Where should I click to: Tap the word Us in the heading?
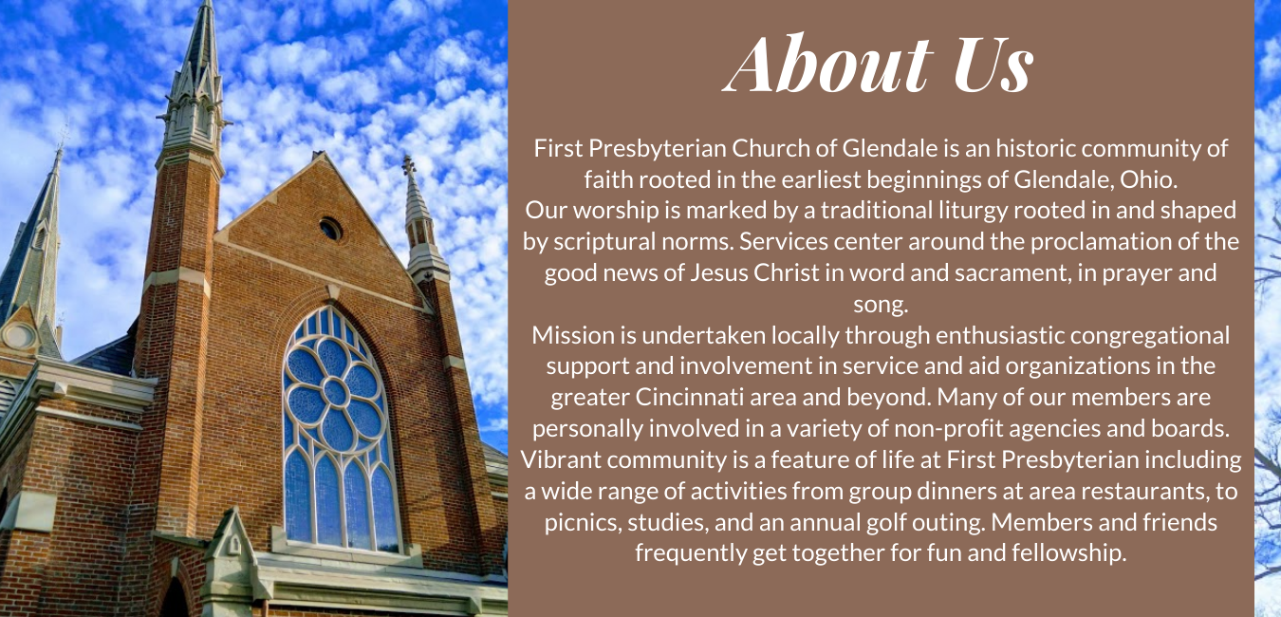click(993, 64)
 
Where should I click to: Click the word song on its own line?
click(881, 304)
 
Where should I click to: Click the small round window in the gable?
click(330, 230)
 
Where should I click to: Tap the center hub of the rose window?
click(335, 393)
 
